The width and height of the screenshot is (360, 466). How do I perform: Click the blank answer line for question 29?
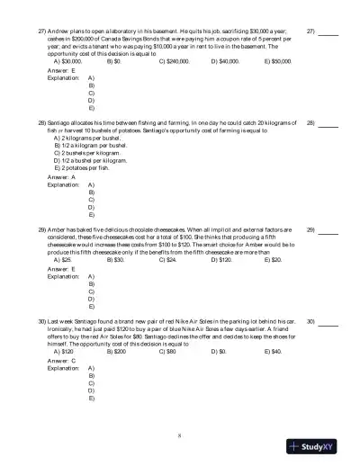(x=328, y=231)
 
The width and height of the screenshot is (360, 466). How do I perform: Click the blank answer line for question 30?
(x=328, y=321)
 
